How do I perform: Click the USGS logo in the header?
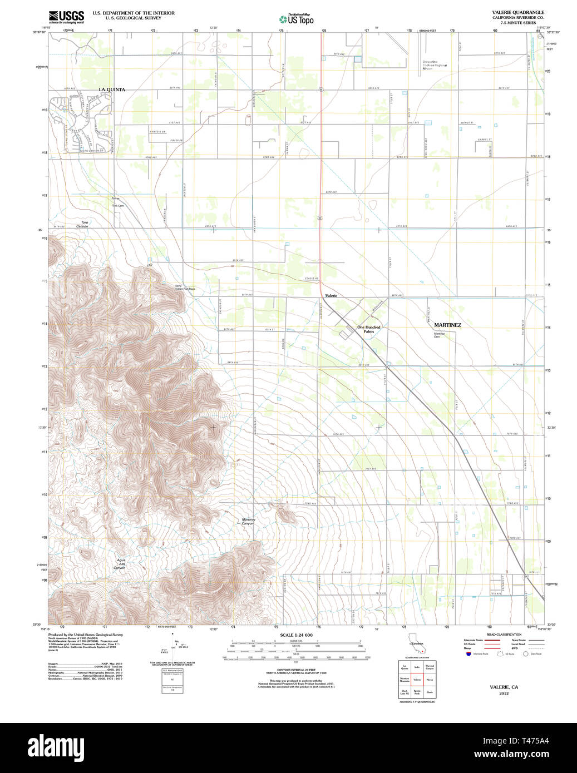tap(66, 16)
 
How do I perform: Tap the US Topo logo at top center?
tap(296, 19)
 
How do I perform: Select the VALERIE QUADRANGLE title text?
tap(510, 12)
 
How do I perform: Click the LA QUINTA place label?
tap(112, 90)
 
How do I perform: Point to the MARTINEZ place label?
tap(447, 325)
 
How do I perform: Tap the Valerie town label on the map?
tap(331, 296)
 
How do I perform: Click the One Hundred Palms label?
tap(369, 329)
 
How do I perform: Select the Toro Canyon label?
tap(83, 224)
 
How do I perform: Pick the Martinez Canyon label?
tap(248, 522)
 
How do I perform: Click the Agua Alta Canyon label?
tap(120, 564)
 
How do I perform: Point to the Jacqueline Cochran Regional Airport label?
tap(435, 65)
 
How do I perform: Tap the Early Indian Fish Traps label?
tap(185, 288)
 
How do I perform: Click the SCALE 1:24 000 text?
tap(296, 635)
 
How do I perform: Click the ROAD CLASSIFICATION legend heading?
tap(504, 635)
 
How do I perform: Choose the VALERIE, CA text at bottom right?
tap(504, 687)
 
